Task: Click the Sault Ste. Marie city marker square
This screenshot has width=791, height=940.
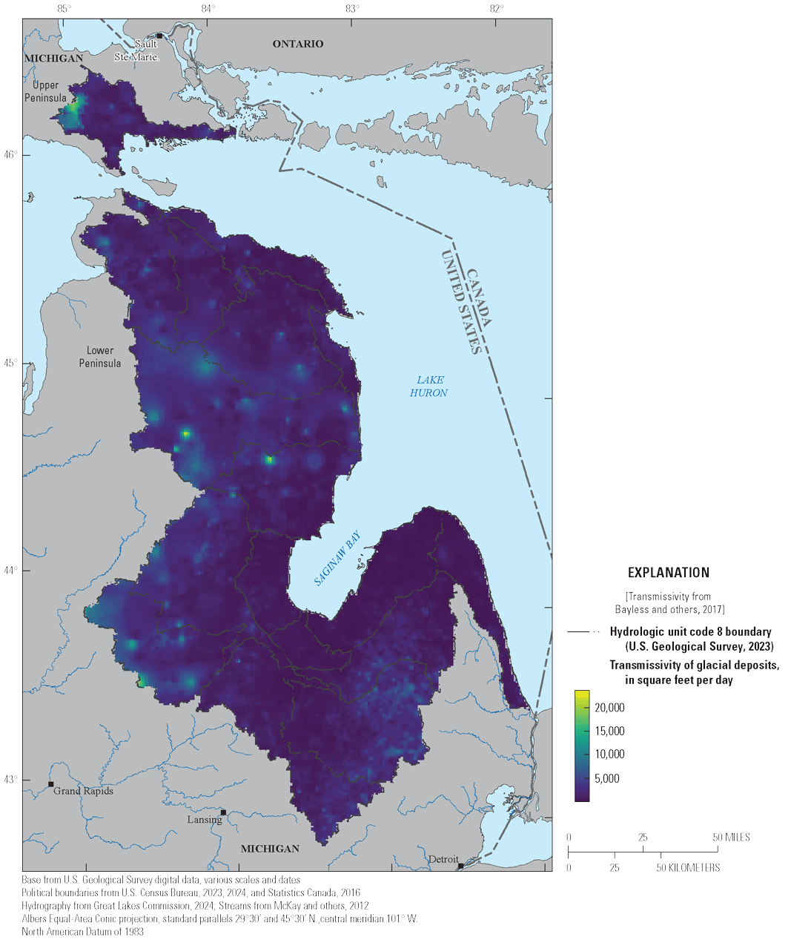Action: [x=159, y=36]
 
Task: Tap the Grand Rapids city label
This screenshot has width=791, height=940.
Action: [x=83, y=791]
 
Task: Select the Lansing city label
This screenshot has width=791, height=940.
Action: [x=204, y=819]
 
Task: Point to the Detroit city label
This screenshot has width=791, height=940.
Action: [x=443, y=859]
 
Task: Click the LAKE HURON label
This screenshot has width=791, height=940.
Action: [x=428, y=386]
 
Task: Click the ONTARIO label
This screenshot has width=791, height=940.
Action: [x=298, y=44]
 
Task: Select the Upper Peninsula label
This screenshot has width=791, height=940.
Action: [x=45, y=91]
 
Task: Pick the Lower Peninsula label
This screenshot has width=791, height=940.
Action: [x=100, y=356]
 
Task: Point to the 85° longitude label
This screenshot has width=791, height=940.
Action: [x=64, y=9]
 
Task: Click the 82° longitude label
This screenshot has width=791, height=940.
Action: [x=496, y=9]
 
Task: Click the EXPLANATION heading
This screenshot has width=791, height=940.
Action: [x=668, y=572]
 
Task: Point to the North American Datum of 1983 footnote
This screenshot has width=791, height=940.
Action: [x=83, y=931]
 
